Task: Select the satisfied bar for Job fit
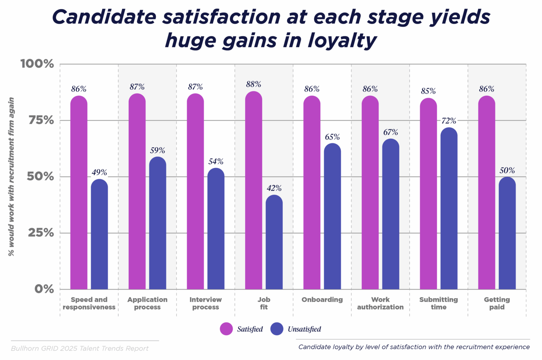point(253,190)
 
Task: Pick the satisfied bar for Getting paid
point(486,192)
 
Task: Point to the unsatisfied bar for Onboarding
point(332,216)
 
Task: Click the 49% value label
point(99,172)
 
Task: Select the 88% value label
point(253,84)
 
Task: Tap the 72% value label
point(449,121)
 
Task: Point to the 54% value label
point(216,162)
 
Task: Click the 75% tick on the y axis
point(41,120)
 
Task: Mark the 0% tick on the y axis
point(44,289)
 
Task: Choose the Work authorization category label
point(380,304)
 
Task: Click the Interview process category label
point(206,304)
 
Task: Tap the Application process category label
point(147,304)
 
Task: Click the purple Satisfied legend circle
point(226,329)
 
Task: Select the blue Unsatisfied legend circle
point(277,329)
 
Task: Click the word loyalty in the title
point(342,41)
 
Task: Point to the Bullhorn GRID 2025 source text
point(79,349)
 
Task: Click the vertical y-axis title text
point(11,177)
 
